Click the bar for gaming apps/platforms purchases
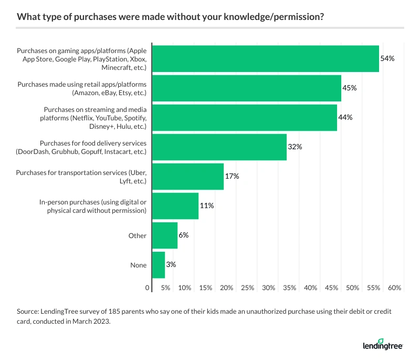coord(265,58)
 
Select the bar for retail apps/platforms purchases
coord(246,88)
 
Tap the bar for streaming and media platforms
coord(244,117)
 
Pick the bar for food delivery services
coord(219,147)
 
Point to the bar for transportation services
coord(187,177)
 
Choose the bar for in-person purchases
coord(175,206)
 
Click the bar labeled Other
coord(164,235)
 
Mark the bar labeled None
coord(158,265)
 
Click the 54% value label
coord(387,58)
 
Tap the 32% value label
coord(295,147)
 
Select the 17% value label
coord(232,177)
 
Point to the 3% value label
coord(171,265)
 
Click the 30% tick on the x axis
coord(269,288)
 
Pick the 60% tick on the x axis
coord(395,288)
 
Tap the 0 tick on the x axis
coord(148,288)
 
